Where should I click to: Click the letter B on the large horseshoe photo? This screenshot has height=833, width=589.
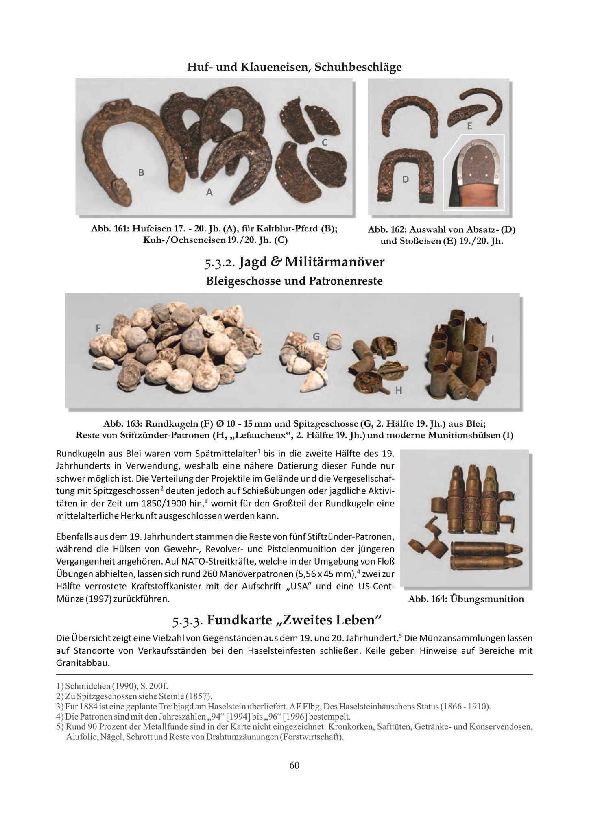[141, 172]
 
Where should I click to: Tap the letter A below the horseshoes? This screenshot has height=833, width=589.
[209, 192]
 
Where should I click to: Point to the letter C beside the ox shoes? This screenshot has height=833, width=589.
[325, 142]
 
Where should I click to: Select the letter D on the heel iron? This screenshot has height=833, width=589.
[406, 179]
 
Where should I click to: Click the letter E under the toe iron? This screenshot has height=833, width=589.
[469, 126]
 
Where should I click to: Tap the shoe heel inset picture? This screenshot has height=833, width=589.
[473, 172]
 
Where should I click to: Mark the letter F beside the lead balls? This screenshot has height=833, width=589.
[98, 328]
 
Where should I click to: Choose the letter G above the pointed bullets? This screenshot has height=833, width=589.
[316, 336]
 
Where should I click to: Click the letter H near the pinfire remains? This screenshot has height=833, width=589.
[399, 391]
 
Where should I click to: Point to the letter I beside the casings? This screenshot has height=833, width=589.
[493, 339]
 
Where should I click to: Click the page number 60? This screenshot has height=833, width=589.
[294, 765]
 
